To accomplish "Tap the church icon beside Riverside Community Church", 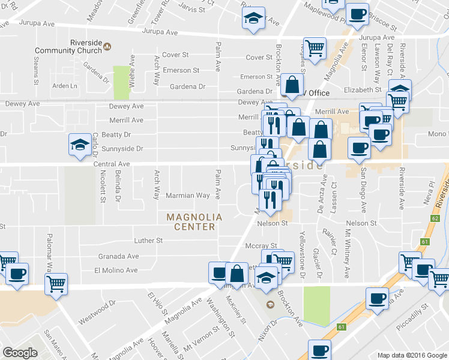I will tap(107, 46).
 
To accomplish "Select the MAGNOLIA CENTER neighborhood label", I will tap(194, 222).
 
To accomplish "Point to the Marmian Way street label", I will tap(187, 196).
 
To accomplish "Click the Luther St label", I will tap(150, 241).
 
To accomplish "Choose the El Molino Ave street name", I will tap(116, 271).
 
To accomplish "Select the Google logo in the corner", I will tap(20, 353).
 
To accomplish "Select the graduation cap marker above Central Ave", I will tap(80, 145).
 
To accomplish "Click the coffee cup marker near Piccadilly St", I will tap(378, 298).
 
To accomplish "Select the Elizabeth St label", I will tap(362, 89).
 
